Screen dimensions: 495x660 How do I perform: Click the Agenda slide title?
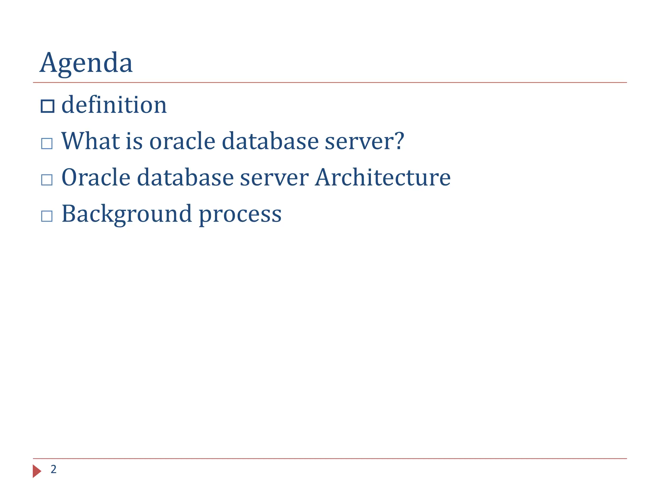tap(86, 63)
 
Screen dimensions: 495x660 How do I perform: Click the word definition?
tap(114, 105)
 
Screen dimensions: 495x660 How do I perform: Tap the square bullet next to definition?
tap(47, 106)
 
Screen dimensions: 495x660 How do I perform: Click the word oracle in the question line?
tap(182, 142)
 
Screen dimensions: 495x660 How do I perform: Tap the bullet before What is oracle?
tap(47, 143)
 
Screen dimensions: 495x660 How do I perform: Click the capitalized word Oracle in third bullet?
tap(96, 178)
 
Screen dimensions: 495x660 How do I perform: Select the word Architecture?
tap(383, 178)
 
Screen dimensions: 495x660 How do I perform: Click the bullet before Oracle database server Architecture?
tap(47, 180)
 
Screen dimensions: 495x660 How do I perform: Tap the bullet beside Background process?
tap(47, 216)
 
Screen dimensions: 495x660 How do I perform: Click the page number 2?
tap(53, 469)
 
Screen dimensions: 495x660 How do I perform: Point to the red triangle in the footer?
tap(37, 471)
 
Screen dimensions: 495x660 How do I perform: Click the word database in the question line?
tap(270, 141)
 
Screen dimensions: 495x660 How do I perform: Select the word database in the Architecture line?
tap(185, 178)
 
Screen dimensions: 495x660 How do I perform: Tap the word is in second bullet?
tap(134, 141)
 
